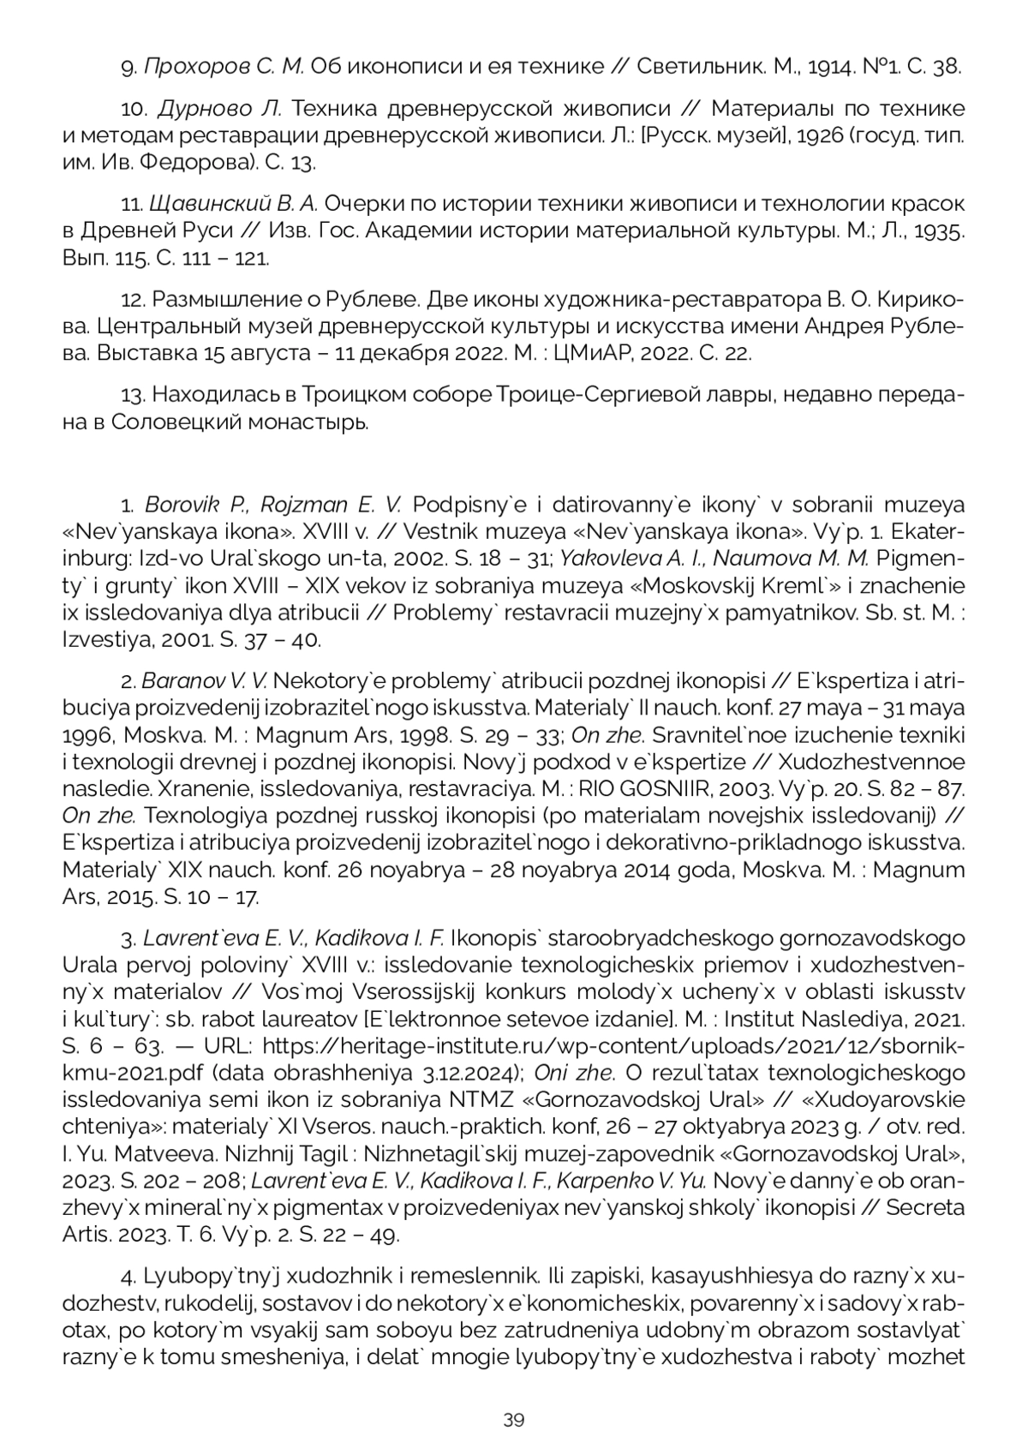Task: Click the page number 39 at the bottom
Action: [x=513, y=1420]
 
